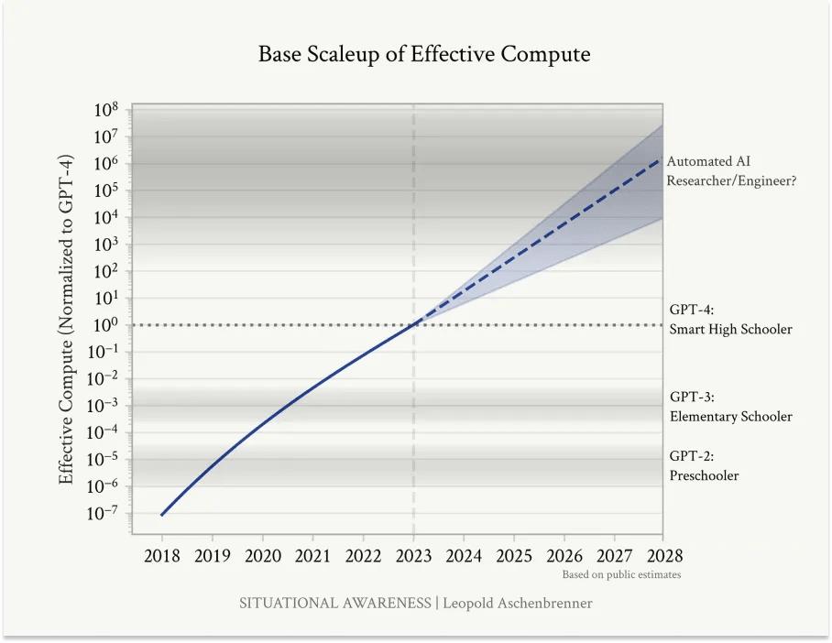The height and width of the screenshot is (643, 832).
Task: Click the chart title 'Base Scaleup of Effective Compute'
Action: pyautogui.click(x=423, y=54)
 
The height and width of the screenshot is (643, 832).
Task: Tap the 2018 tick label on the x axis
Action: pyautogui.click(x=162, y=556)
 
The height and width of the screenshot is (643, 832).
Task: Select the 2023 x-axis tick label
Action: pyautogui.click(x=413, y=556)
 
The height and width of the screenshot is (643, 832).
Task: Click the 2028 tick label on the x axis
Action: pyautogui.click(x=663, y=556)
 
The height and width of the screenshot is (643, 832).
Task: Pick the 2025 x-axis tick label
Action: pyautogui.click(x=513, y=556)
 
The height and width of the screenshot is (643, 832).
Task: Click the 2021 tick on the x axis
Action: pyautogui.click(x=312, y=556)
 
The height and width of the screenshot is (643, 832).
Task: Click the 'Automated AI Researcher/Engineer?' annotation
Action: pyautogui.click(x=730, y=171)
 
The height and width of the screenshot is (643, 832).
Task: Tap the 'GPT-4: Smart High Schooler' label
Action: pyautogui.click(x=730, y=320)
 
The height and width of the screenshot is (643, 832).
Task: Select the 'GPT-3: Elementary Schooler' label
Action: pyautogui.click(x=730, y=407)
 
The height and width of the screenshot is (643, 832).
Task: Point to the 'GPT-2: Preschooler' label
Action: pyautogui.click(x=704, y=465)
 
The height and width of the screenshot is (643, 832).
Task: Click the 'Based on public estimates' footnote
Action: pyautogui.click(x=621, y=575)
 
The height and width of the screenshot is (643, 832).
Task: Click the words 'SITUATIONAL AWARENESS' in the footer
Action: pyautogui.click(x=334, y=603)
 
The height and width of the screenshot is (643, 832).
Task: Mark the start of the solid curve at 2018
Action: pyautogui.click(x=162, y=515)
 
